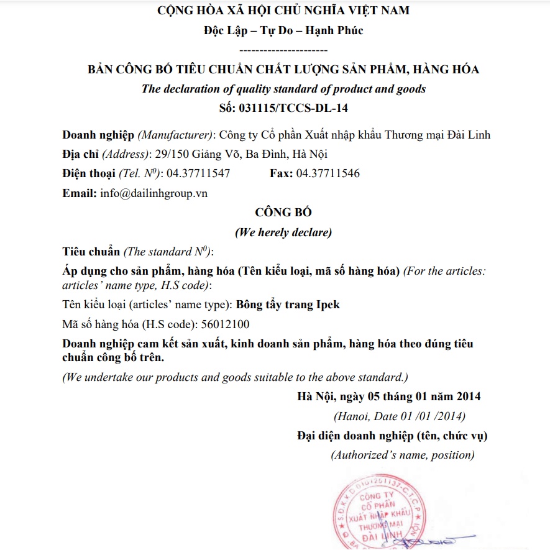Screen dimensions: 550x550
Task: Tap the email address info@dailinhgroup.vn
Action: (154, 193)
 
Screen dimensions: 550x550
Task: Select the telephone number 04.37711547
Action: (198, 173)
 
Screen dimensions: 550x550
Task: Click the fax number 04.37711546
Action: (328, 173)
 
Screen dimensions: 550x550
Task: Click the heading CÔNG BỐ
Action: (283, 213)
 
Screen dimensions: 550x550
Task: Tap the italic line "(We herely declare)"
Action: (283, 232)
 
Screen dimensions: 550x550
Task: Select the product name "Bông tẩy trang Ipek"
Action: (288, 305)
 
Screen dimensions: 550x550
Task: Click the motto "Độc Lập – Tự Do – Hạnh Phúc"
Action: (283, 30)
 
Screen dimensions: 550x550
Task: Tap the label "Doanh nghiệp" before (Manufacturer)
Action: (98, 135)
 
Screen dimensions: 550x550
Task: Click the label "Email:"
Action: (80, 193)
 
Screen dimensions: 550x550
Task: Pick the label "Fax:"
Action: (281, 173)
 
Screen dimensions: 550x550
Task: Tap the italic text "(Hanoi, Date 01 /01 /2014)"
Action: (399, 416)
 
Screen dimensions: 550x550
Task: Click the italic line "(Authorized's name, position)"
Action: (403, 455)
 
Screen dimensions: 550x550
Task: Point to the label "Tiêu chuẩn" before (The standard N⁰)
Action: (91, 252)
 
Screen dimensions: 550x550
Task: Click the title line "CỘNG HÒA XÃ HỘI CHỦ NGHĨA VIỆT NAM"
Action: (283, 11)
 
